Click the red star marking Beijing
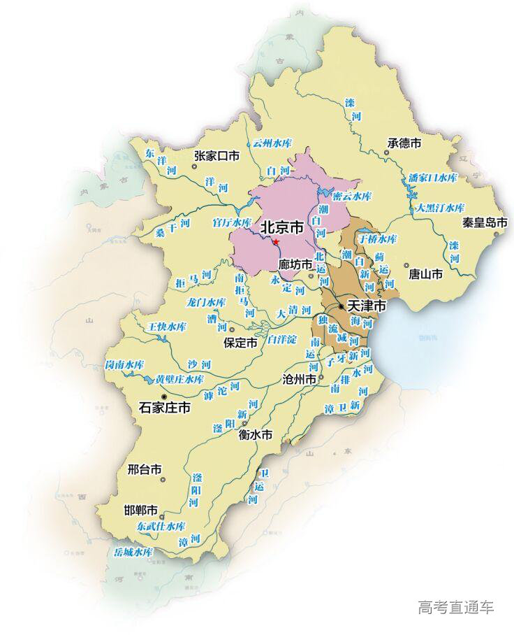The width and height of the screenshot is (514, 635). point(276,242)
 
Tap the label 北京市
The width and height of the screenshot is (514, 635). point(281,228)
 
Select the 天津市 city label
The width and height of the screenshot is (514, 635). point(367,306)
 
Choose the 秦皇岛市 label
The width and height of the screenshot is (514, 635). point(485,223)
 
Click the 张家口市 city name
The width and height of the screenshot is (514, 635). point(216,156)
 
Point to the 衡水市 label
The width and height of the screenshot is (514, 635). point(255,434)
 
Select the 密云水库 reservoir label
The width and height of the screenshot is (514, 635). point(352,196)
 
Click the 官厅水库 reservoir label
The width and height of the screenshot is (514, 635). point(231,222)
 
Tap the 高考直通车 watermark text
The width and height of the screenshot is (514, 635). point(455,607)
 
